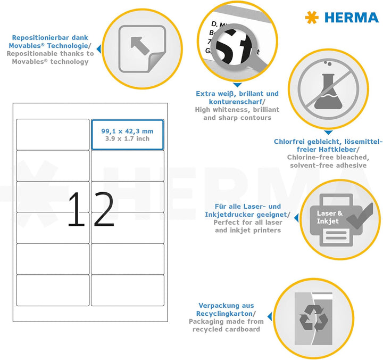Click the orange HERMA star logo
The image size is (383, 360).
click(x=312, y=17)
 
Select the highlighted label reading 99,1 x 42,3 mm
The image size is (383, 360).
click(x=128, y=134)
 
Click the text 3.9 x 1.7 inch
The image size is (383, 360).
click(x=127, y=138)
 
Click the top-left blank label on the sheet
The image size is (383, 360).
click(x=53, y=134)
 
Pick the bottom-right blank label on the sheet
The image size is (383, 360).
click(x=128, y=290)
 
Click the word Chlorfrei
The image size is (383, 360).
click(x=290, y=142)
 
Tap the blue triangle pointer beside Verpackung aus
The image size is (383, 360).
click(x=268, y=317)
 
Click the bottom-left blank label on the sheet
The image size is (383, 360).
click(x=53, y=290)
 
